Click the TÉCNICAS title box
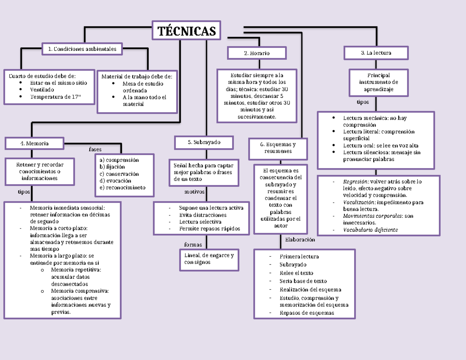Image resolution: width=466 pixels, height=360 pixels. click(186, 30)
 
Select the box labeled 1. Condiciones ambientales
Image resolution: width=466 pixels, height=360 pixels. click(82, 49)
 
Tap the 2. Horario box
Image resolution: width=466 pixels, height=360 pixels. click(257, 53)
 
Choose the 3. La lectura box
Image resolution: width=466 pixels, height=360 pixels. click(376, 52)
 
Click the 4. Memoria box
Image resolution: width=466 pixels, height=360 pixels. click(35, 143)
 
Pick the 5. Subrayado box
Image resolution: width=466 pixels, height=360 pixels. click(204, 143)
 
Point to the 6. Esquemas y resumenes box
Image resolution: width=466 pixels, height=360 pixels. click(278, 148)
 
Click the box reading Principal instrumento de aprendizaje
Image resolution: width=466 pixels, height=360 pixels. click(379, 82)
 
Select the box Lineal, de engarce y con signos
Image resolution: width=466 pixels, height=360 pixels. click(209, 259)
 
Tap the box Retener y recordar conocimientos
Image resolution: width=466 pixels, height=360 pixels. click(40, 171)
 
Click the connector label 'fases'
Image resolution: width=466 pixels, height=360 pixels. click(95, 149)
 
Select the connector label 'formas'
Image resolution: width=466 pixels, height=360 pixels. click(193, 245)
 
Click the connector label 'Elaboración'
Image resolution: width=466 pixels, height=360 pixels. click(300, 240)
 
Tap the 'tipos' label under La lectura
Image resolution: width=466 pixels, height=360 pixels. click(363, 102)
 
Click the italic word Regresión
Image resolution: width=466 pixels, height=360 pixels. click(355, 181)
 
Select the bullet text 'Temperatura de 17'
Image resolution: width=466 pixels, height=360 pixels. click(56, 97)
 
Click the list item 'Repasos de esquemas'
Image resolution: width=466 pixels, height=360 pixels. click(306, 313)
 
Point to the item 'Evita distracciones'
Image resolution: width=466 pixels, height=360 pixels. click(203, 215)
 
